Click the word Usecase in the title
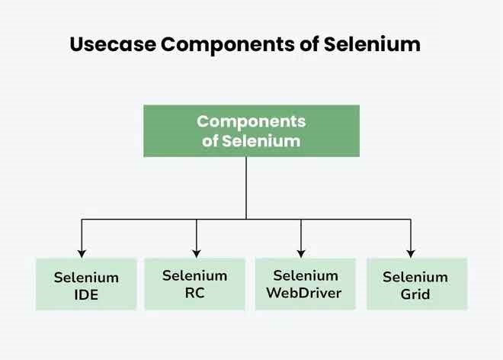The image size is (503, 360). pos(112,44)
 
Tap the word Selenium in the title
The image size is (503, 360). pos(372,44)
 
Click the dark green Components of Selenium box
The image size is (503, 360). pos(251,131)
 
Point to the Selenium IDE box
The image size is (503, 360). pos(86,284)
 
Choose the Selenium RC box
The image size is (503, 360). pos(195,284)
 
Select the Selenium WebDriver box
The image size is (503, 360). pos(306,284)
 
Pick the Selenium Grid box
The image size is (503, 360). pos(416,284)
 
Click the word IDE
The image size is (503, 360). pos(86,294)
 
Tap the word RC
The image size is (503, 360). pos(195,293)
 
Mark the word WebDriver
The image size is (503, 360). pos(306,293)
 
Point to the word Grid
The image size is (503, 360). pos(416,294)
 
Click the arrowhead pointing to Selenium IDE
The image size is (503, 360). pos(82,252)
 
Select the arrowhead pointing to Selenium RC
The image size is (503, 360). pos(197,252)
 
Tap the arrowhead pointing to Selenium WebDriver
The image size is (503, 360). pos(301,252)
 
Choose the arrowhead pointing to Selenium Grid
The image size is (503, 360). pos(411,252)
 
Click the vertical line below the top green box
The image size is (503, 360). pos(246,187)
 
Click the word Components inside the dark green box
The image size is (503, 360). pos(251,122)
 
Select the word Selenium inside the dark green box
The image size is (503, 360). pos(262,141)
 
